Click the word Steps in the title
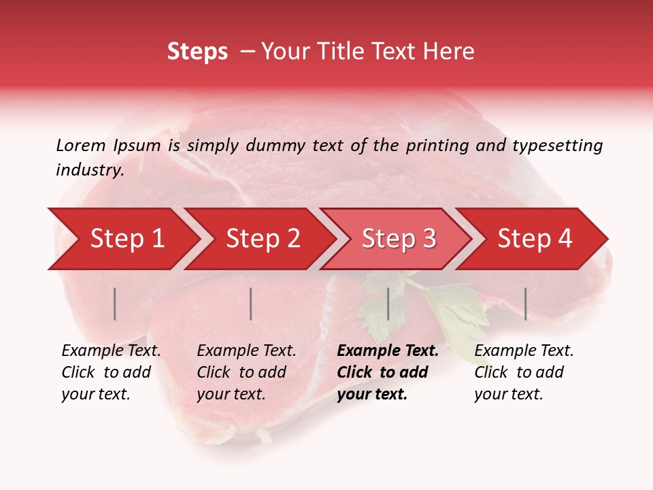(197, 52)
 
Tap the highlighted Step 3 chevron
(399, 239)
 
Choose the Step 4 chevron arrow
(535, 239)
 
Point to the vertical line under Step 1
(115, 304)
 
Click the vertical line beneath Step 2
(251, 304)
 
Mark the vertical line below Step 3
(388, 304)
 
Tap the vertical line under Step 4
(526, 304)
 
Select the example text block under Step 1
(111, 372)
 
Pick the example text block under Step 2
(246, 372)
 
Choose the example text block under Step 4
(524, 372)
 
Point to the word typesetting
(557, 146)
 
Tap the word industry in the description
(89, 170)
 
